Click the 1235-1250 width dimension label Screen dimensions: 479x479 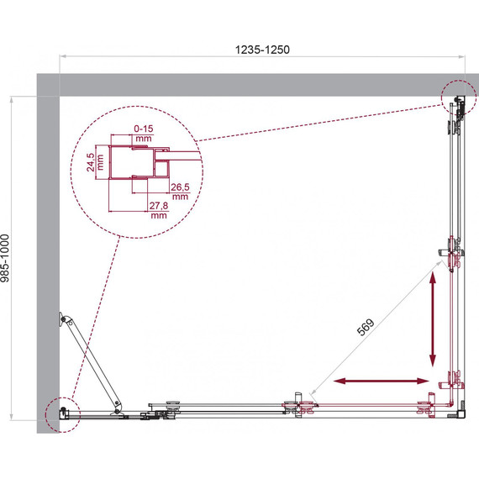point(262,50)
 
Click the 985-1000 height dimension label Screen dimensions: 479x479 point(5,258)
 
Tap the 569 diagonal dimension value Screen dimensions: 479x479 point(366,327)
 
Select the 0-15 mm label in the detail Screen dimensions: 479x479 point(143,133)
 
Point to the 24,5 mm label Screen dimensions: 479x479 point(95,162)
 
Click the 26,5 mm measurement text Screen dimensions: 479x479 point(180,192)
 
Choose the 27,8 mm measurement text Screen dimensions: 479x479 point(159,210)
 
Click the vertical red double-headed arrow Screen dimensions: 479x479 point(433,319)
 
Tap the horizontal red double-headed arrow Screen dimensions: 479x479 point(382,381)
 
